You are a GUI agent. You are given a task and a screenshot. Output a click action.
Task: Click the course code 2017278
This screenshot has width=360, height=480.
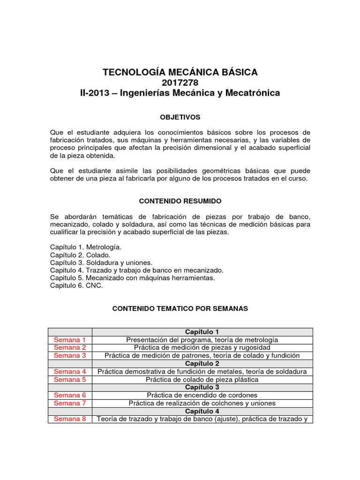[180, 82]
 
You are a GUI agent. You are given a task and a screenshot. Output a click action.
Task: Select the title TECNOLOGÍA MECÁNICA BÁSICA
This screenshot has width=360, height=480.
[180, 72]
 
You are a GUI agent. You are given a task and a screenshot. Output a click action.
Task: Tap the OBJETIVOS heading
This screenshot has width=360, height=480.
[180, 117]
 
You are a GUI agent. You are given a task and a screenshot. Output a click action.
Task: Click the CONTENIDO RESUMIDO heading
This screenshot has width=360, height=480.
[180, 201]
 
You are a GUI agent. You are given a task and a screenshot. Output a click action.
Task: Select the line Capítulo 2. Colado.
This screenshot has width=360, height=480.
[80, 255]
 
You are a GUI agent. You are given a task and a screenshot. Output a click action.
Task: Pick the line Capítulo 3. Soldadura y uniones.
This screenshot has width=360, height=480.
[101, 262]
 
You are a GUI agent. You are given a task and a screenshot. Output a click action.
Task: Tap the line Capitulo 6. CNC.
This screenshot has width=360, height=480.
[76, 286]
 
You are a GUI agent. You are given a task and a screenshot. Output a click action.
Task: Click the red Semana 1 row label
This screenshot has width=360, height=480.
[70, 340]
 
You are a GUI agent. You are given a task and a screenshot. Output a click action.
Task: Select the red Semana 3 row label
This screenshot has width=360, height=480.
[70, 356]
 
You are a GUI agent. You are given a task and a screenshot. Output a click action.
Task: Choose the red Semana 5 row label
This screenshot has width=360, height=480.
[70, 380]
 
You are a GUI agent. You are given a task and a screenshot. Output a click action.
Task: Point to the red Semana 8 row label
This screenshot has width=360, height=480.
[70, 419]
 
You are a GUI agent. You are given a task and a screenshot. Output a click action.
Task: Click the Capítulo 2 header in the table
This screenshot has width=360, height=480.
[202, 364]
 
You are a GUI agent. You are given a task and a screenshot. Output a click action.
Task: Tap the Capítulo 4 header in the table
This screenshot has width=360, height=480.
[202, 411]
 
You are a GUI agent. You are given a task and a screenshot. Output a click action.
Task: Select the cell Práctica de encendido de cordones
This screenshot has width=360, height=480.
[202, 395]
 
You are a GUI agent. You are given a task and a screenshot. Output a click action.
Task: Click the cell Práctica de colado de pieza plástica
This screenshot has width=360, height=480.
[202, 380]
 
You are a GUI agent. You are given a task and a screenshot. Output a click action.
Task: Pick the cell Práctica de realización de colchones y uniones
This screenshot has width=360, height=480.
[202, 403]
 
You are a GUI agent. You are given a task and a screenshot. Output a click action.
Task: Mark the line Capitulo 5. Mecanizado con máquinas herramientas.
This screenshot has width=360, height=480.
[132, 278]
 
